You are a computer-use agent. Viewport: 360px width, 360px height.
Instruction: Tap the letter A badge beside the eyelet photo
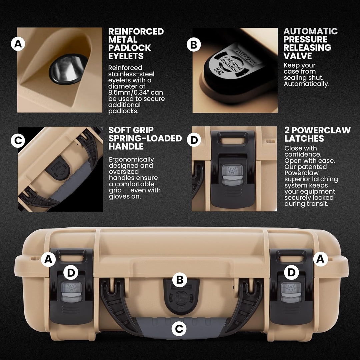click(x=18, y=44)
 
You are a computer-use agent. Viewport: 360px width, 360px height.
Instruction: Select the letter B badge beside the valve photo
click(x=194, y=44)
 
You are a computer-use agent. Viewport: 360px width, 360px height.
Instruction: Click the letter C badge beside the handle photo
click(x=18, y=141)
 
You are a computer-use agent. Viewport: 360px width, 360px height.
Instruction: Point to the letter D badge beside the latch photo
click(x=194, y=140)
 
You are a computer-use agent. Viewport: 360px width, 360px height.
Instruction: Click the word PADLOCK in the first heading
click(x=130, y=48)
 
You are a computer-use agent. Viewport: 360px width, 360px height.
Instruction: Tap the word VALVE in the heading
click(x=298, y=56)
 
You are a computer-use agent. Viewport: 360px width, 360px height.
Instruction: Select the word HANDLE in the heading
click(x=126, y=146)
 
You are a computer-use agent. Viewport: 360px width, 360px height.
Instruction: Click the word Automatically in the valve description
click(x=306, y=84)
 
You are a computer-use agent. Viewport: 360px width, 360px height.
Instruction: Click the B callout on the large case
click(x=180, y=280)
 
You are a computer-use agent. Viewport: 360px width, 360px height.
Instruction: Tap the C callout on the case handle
click(x=179, y=329)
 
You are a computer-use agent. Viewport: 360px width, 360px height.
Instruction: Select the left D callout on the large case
click(x=71, y=273)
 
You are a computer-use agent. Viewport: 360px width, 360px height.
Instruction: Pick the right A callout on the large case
click(x=321, y=259)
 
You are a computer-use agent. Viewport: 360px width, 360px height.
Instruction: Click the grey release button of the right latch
click(x=291, y=292)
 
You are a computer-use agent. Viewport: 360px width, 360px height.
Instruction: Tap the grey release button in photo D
click(x=233, y=176)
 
